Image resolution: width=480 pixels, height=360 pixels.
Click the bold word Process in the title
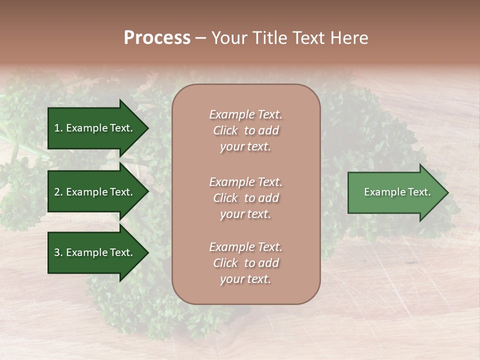[x=157, y=38]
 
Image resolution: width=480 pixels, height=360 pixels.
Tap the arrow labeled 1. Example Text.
[x=95, y=128]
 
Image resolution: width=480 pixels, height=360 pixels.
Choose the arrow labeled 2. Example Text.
[x=95, y=192]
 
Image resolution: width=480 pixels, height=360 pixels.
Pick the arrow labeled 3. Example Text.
[x=95, y=252]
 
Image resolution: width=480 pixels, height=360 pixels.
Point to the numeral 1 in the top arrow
[x=56, y=128]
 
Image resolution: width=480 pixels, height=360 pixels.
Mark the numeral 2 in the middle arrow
[x=57, y=192]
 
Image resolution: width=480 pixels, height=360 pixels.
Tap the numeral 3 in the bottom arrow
[x=57, y=252]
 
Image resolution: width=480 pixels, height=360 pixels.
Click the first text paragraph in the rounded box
[x=245, y=130]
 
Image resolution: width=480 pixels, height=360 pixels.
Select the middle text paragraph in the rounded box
[x=245, y=198]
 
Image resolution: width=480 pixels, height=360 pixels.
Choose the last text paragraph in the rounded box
[x=245, y=263]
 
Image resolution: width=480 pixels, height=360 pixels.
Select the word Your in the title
[x=228, y=38]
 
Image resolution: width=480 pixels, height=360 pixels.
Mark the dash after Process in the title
[x=200, y=38]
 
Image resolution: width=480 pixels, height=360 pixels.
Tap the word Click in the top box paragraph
[x=225, y=130]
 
